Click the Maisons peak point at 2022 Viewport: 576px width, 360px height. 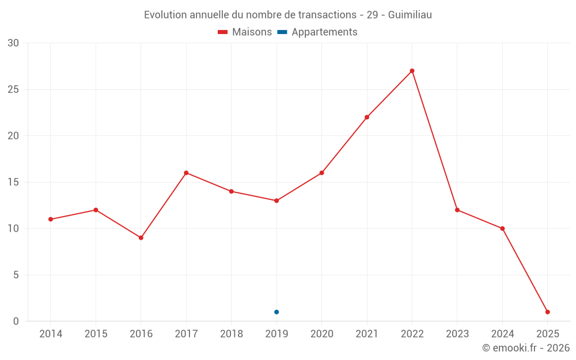(412, 71)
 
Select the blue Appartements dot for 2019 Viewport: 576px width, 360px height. (276, 312)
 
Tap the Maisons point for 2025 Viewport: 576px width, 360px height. (547, 312)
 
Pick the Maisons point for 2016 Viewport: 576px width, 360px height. (141, 238)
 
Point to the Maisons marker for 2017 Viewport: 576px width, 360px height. (186, 173)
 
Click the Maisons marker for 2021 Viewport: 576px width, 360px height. (367, 117)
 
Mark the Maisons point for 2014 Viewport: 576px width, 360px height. (51, 219)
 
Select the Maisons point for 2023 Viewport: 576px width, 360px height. (457, 210)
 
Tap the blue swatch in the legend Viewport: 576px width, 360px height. (282, 32)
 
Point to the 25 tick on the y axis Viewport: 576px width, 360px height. (13, 89)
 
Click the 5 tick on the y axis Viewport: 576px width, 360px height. (16, 275)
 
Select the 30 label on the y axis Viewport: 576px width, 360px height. (13, 43)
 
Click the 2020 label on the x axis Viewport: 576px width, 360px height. (321, 334)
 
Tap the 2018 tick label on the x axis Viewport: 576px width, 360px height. (231, 334)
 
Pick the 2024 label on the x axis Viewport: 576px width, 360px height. (502, 334)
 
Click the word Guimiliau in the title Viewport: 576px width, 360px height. (410, 15)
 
